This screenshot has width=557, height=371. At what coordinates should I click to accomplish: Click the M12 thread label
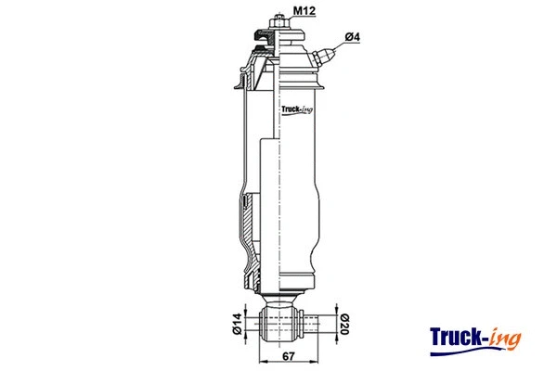pyautogui.click(x=304, y=11)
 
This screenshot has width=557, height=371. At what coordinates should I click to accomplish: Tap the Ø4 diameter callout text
pyautogui.click(x=352, y=37)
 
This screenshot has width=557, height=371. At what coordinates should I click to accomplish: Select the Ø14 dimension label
pyautogui.click(x=238, y=324)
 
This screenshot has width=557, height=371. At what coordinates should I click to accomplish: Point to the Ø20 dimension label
pyautogui.click(x=343, y=324)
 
